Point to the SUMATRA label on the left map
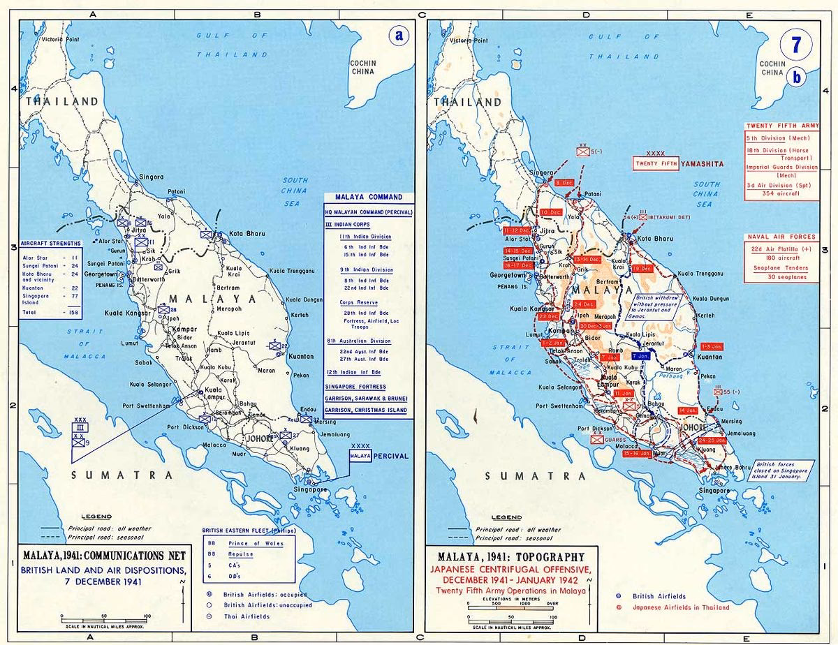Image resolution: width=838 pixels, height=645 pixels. pyautogui.click(x=122, y=475)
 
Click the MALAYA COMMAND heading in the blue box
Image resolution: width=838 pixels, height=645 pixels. pyautogui.click(x=369, y=198)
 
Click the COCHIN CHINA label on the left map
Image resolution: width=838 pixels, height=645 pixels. pyautogui.click(x=363, y=68)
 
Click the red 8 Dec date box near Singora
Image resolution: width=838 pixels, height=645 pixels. pyautogui.click(x=565, y=182)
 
